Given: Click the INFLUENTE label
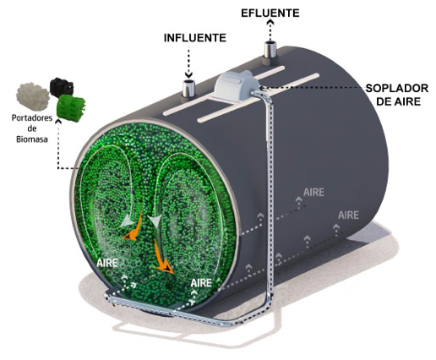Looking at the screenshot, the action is click(195, 38).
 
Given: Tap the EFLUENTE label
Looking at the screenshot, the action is click(270, 14).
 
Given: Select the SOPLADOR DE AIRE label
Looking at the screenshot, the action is click(397, 95).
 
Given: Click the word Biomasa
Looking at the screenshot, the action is click(32, 139).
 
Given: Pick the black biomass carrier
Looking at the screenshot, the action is click(62, 87).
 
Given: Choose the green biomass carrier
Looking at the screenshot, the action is click(71, 108).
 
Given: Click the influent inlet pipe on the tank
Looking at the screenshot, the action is click(189, 89).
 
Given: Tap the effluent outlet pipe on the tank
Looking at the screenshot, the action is click(270, 50).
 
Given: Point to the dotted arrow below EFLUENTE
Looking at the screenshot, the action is click(270, 30).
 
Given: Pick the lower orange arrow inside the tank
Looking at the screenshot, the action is click(163, 258).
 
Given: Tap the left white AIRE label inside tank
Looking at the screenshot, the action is click(106, 263).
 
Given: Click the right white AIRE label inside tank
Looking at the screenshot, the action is click(201, 282).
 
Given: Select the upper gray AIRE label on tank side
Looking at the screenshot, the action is click(313, 193).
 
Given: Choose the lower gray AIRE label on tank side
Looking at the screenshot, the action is click(348, 215).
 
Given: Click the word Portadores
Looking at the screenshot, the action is click(32, 117).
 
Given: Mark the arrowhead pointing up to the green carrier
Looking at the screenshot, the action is click(58, 122).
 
